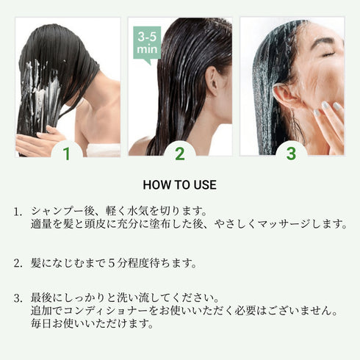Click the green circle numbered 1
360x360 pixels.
tap(68, 153)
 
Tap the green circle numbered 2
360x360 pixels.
tap(179, 153)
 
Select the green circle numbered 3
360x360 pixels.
tap(292, 153)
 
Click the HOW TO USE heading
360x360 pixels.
tap(179, 185)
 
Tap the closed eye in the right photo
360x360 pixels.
tap(328, 53)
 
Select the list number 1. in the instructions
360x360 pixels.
tap(18, 212)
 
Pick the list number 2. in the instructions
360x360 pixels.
tap(18, 262)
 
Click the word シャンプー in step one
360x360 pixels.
tap(55, 212)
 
